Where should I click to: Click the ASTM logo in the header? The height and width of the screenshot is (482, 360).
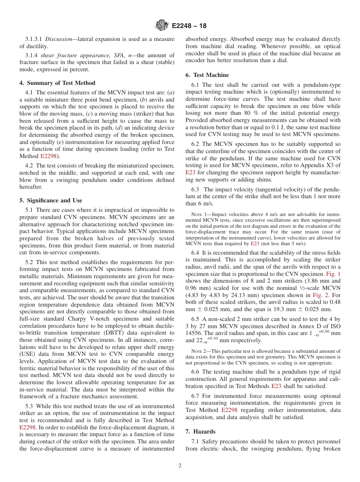pyautogui.click(x=162, y=26)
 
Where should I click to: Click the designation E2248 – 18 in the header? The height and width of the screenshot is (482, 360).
pyautogui.click(x=189, y=26)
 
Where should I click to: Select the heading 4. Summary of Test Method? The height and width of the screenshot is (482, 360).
pyautogui.click(x=57, y=83)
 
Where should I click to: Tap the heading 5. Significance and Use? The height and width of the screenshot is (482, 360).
pyautogui.click(x=51, y=200)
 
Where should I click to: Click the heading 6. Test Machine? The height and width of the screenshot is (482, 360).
pyautogui.click(x=207, y=75)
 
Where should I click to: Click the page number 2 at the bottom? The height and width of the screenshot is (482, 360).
pyautogui.click(x=180, y=466)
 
